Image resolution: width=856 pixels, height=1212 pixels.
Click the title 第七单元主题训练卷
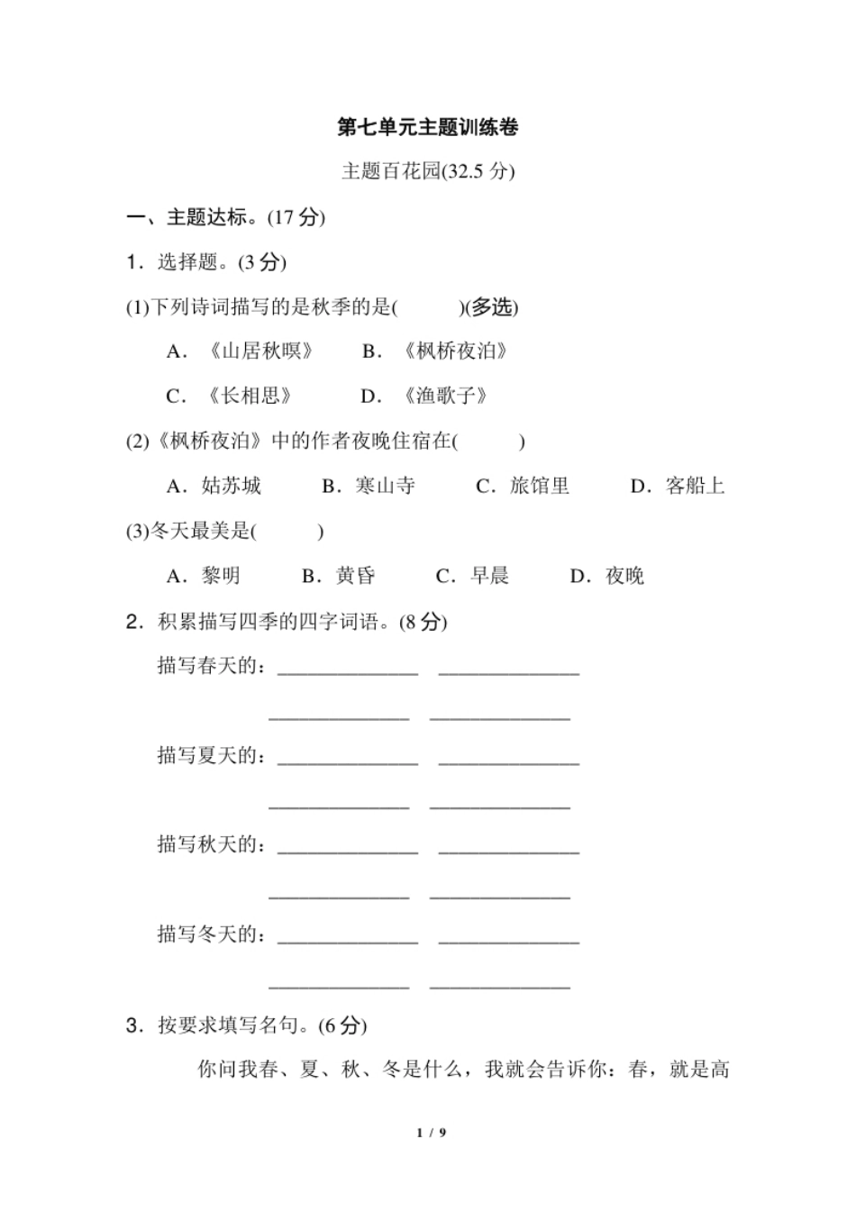tap(428, 127)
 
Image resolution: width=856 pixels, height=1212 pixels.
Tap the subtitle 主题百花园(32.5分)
tap(428, 171)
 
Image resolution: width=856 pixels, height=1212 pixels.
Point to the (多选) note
tap(490, 307)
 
